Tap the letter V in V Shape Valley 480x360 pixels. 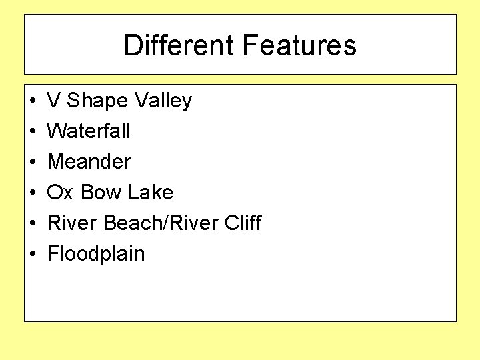pyautogui.click(x=54, y=101)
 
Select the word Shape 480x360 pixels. pyautogui.click(x=98, y=101)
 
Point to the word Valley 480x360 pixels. pyautogui.click(x=163, y=101)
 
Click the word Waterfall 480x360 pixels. pyautogui.click(x=89, y=131)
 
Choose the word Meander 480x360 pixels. pyautogui.click(x=89, y=161)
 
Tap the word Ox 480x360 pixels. pyautogui.click(x=60, y=192)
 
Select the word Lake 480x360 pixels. pyautogui.click(x=151, y=192)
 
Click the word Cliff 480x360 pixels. pyautogui.click(x=243, y=223)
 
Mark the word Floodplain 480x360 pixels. pyautogui.click(x=96, y=254)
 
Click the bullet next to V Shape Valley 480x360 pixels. pyautogui.click(x=32, y=101)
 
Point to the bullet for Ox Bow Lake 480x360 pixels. pyautogui.click(x=32, y=193)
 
